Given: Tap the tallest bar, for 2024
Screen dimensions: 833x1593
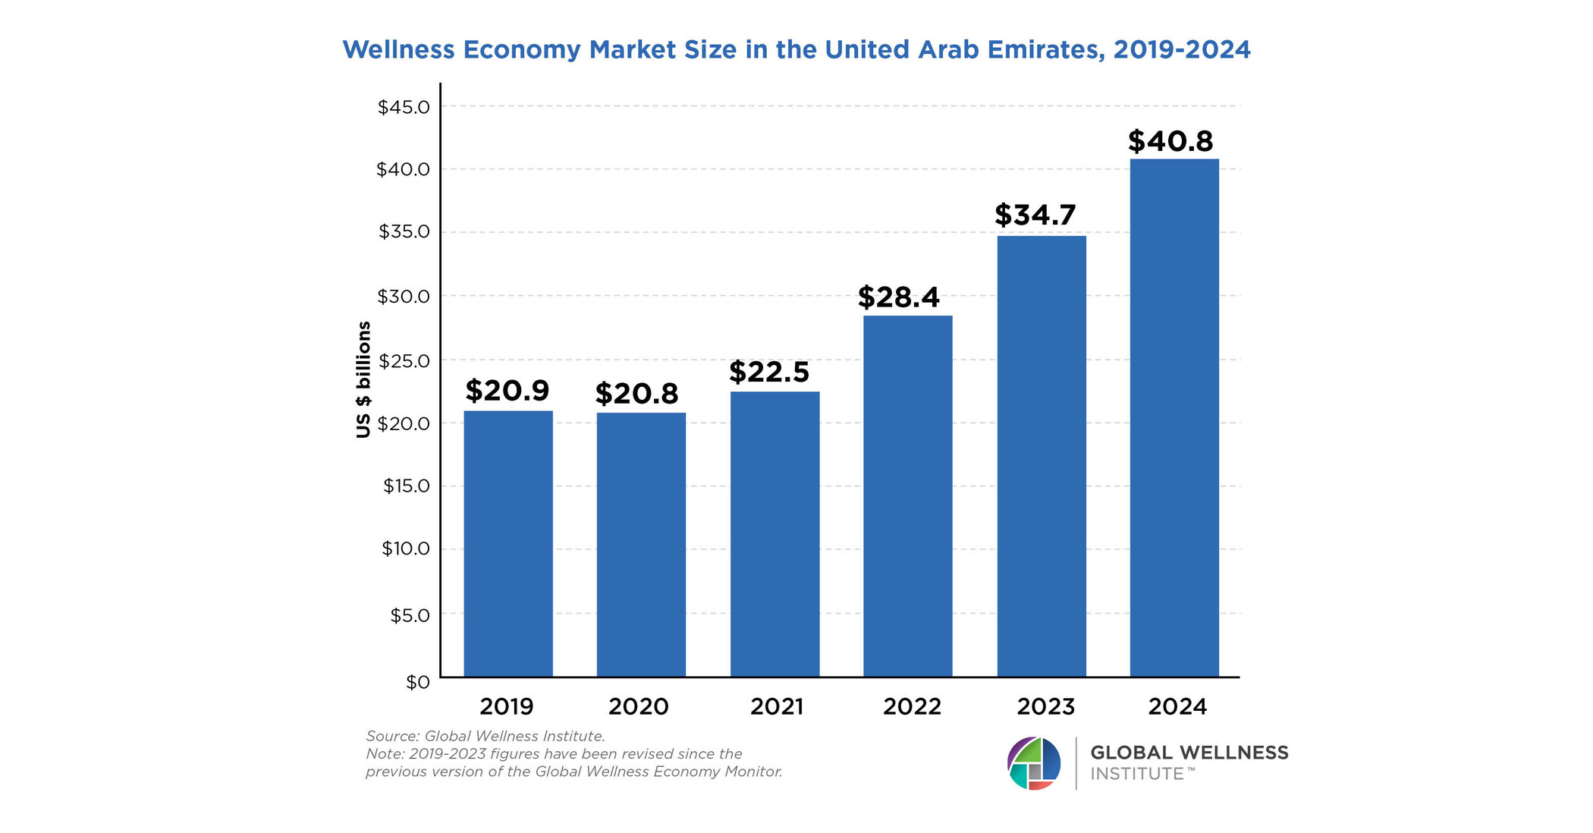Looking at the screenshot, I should tap(1174, 417).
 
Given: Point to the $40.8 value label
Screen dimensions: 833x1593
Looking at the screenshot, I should tap(1170, 141).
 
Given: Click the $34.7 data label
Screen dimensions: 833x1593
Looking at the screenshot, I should tap(1035, 215).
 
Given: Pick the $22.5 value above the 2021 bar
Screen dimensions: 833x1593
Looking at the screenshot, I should tap(768, 372).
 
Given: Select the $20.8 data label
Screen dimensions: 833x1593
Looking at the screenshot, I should tap(636, 394).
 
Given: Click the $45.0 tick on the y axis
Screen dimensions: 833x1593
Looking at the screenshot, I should tap(404, 107).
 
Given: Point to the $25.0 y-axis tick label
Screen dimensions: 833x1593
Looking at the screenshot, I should tap(404, 360).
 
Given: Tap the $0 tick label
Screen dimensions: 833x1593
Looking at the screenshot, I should tap(417, 682).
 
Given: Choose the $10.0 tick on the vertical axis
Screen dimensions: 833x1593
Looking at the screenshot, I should tap(405, 549).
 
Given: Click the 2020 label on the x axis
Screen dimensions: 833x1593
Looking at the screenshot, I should tap(638, 707).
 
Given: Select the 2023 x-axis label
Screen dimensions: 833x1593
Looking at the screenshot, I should tap(1045, 707).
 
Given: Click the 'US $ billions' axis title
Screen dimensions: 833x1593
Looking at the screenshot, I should tap(363, 379).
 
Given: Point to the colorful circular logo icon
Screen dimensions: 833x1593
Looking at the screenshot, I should tap(1033, 763).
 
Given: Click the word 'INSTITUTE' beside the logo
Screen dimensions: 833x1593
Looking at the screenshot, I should tap(1137, 775).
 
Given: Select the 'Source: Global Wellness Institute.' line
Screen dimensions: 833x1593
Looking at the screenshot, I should tap(485, 736).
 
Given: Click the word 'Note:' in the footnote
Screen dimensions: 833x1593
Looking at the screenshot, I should tap(385, 754).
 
